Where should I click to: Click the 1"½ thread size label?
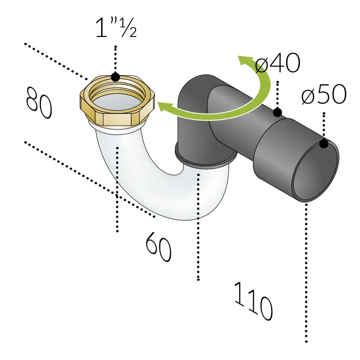116,27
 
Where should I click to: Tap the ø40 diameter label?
278,63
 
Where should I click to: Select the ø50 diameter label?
324,94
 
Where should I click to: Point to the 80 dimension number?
39,103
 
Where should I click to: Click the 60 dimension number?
159,247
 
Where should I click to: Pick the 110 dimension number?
253,301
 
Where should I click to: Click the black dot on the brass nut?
115,77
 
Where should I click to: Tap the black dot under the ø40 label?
278,113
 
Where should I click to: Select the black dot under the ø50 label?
324,144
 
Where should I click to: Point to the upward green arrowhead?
246,61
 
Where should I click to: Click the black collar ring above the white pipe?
206,156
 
